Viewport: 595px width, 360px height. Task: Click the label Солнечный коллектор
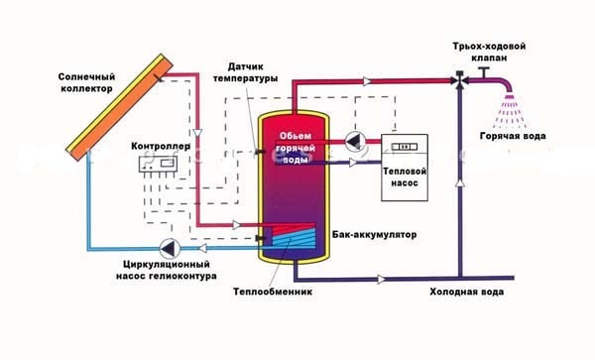[86, 82]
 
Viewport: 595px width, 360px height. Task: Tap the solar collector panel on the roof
[120, 107]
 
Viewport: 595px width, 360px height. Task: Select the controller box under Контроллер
[158, 164]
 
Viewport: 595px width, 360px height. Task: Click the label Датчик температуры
[245, 72]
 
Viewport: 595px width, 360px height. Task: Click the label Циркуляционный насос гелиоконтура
[167, 270]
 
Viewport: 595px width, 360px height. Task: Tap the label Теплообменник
[273, 292]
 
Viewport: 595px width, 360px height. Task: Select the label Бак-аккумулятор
[374, 234]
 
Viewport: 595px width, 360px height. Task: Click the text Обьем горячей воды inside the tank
[296, 148]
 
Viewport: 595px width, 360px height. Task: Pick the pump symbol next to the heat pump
[355, 142]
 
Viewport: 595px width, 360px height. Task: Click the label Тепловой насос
[405, 177]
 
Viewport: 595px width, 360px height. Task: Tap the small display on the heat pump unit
[405, 147]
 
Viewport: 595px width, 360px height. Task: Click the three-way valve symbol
[460, 80]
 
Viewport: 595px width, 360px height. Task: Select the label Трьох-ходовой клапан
[489, 52]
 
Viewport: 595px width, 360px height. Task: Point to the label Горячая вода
[513, 136]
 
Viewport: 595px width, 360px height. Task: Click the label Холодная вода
[467, 292]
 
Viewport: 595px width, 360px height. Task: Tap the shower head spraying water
[510, 109]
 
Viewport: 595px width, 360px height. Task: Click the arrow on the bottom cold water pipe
[382, 280]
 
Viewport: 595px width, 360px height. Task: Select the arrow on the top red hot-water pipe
[367, 81]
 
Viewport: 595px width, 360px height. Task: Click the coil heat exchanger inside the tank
[294, 236]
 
